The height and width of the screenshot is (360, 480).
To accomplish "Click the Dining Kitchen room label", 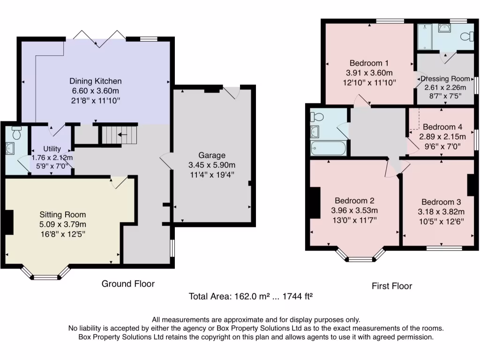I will click(96, 81).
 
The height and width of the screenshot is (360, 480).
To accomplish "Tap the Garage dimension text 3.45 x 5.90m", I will click(211, 165).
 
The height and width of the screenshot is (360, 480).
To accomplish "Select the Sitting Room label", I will click(63, 214).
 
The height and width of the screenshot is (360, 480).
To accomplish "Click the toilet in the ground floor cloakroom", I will click(16, 134).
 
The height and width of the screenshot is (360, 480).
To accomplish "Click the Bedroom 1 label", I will click(369, 63).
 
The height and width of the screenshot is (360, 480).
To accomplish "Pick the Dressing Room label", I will click(445, 79).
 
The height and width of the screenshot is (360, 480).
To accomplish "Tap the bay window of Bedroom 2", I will click(360, 255).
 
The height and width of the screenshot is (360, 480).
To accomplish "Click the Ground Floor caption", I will click(128, 284).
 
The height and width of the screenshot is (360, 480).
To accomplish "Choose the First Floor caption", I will click(391, 286).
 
